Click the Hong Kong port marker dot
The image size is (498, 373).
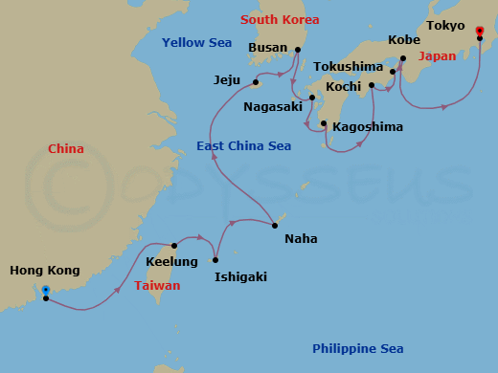tap(46, 290)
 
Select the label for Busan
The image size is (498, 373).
tap(268, 47)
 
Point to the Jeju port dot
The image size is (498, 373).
tap(257, 81)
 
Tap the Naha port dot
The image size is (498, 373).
tap(275, 226)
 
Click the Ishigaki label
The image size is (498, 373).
tap(240, 276)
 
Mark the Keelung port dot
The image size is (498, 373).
tap(174, 246)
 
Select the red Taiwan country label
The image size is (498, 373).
tap(155, 285)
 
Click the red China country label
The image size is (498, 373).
tap(66, 148)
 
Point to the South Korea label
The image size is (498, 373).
tap(281, 19)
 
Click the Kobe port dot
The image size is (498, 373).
tap(402, 59)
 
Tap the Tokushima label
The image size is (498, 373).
tap(349, 67)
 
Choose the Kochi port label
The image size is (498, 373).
tap(342, 87)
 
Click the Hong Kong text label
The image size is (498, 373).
tap(45, 271)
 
